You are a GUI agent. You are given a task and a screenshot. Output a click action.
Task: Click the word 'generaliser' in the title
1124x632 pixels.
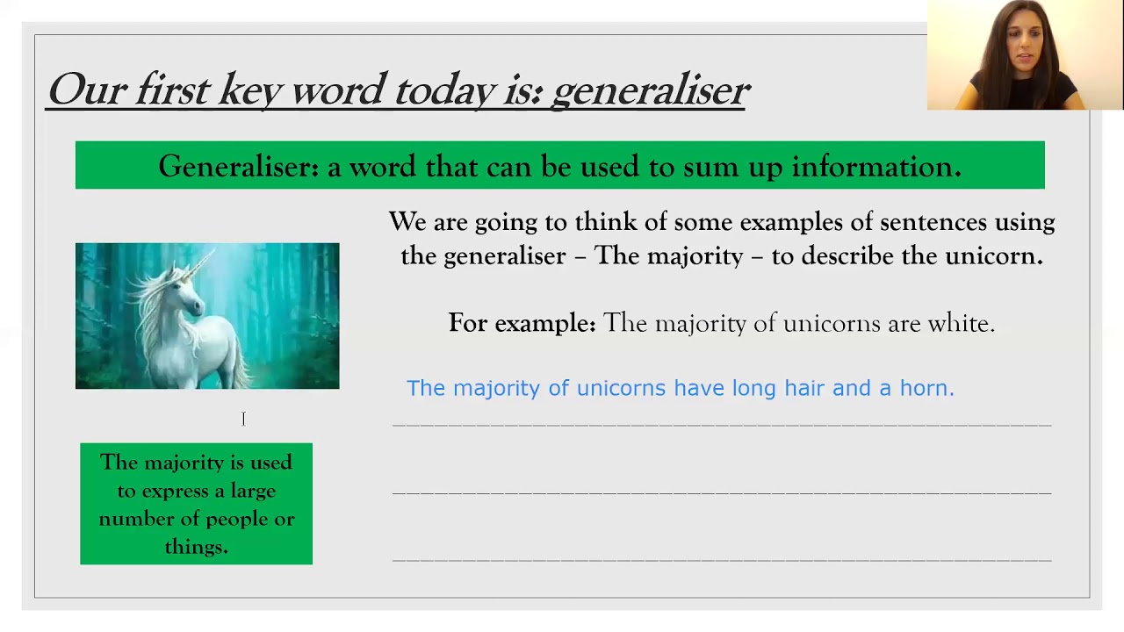[x=651, y=90]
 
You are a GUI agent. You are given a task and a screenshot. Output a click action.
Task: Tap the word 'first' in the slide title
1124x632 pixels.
[x=171, y=90]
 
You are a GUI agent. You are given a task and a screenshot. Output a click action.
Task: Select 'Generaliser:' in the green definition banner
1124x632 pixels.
[x=238, y=166]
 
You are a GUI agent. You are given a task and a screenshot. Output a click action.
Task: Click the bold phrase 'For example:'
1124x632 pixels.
[x=522, y=323]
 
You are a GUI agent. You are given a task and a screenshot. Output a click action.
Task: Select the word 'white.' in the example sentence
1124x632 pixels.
[x=961, y=323]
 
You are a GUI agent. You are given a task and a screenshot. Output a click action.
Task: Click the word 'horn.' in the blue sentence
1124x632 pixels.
[x=926, y=388]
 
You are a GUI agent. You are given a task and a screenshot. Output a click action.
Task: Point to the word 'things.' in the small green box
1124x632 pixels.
[x=196, y=547]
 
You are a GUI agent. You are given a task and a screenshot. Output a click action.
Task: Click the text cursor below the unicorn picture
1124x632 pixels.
[x=243, y=419]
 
